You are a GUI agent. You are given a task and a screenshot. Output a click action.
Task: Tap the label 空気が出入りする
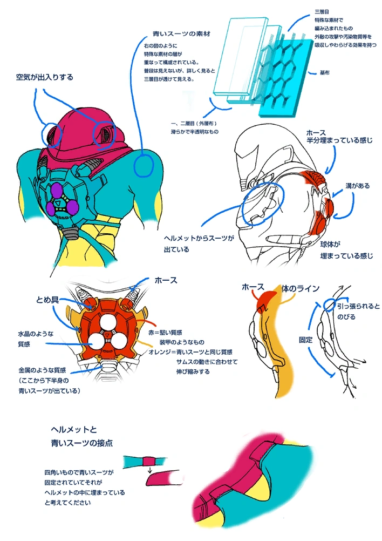point(44,78)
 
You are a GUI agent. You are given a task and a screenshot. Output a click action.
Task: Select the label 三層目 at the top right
point(321,11)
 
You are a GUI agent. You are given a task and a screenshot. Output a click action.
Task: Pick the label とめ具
point(47,300)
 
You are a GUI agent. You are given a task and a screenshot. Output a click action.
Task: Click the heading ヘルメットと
point(73,430)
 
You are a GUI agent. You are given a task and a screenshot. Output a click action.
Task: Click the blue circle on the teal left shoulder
point(143,166)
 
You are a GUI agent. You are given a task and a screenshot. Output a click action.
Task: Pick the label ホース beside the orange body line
point(253,286)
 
